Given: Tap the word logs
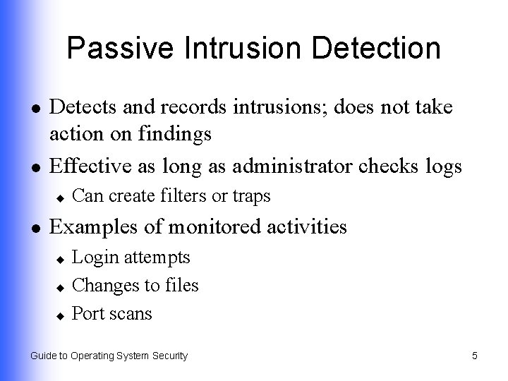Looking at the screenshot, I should coord(442,167).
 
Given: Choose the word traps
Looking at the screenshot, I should coord(250,197).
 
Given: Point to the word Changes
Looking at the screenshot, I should coord(102,285).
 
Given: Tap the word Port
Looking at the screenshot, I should coord(87,313).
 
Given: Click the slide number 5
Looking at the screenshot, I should coord(475,356).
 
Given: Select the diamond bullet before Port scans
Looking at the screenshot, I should coord(61,314).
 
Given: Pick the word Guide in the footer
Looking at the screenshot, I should coord(43,356).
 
